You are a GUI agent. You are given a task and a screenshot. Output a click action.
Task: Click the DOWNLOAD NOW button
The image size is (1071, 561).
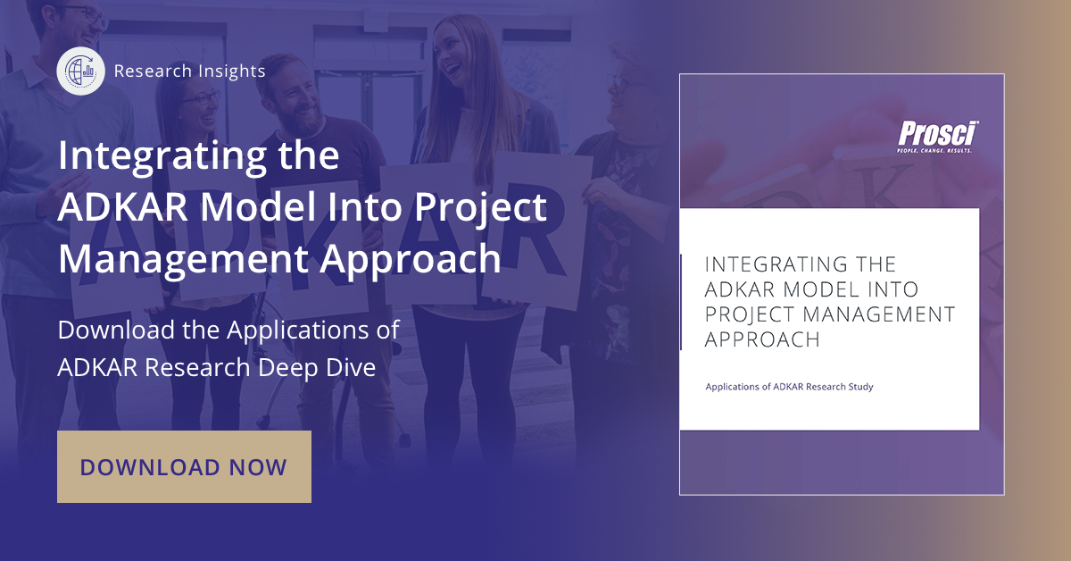pyautogui.click(x=184, y=466)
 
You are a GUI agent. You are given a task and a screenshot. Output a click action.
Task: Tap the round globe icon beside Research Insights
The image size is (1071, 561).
pyautogui.click(x=81, y=71)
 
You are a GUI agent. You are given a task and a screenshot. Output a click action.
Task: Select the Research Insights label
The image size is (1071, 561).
pyautogui.click(x=189, y=71)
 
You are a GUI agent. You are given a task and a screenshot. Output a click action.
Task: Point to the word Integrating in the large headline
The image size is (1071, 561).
pyautogui.click(x=162, y=157)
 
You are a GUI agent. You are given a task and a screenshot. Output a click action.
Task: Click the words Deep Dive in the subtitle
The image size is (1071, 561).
pyautogui.click(x=317, y=368)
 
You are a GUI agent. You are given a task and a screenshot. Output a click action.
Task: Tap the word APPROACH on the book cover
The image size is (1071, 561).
pyautogui.click(x=762, y=339)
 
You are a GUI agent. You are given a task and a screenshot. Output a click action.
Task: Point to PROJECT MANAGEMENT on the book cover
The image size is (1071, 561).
pyautogui.click(x=830, y=314)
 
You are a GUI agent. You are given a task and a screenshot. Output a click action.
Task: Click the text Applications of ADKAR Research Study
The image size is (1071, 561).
pyautogui.click(x=789, y=387)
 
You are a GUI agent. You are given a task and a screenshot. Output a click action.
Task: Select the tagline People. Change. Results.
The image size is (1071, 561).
pyautogui.click(x=934, y=150)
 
